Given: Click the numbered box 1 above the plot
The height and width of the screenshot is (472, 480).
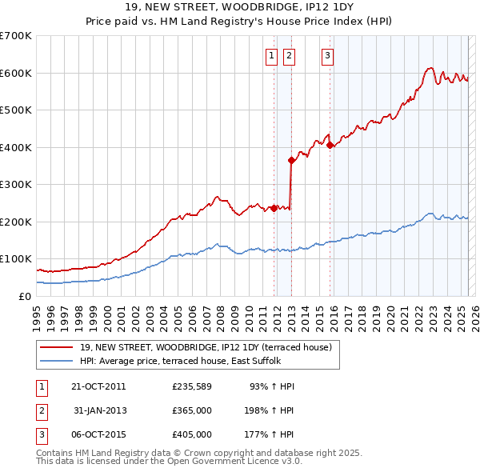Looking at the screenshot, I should pyautogui.click(x=271, y=55).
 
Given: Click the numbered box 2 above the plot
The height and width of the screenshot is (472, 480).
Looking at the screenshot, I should pyautogui.click(x=288, y=55).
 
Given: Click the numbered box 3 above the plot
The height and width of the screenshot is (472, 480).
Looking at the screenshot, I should pyautogui.click(x=328, y=55).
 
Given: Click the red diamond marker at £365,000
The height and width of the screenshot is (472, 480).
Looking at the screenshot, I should pyautogui.click(x=292, y=160).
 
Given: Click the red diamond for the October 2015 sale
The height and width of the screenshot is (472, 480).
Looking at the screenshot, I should pyautogui.click(x=330, y=145).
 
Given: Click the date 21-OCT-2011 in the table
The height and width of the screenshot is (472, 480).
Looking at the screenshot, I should pyautogui.click(x=98, y=386).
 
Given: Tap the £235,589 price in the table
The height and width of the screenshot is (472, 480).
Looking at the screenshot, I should pyautogui.click(x=191, y=386).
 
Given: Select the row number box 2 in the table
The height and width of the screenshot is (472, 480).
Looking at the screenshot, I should pyautogui.click(x=41, y=410).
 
